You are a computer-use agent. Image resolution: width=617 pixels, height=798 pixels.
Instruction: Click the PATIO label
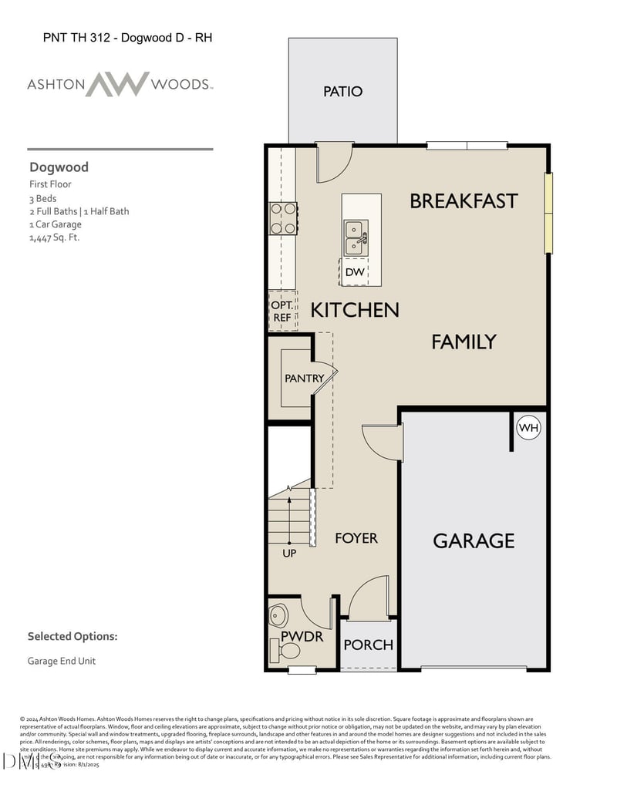click(x=342, y=92)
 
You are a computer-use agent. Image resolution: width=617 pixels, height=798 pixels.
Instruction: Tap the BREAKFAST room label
click(x=464, y=201)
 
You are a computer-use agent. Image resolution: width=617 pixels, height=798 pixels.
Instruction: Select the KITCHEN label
click(x=355, y=310)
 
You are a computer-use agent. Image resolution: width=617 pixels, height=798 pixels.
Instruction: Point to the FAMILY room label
click(x=464, y=342)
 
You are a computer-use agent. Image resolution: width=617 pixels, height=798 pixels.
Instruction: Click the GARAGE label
click(x=474, y=540)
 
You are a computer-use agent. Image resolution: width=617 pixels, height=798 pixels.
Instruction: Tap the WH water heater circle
click(x=528, y=427)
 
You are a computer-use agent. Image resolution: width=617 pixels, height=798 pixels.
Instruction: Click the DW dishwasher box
click(x=354, y=272)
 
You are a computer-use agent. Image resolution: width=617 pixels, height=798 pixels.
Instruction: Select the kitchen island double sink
click(x=355, y=237)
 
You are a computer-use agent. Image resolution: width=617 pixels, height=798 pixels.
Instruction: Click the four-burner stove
click(x=282, y=218)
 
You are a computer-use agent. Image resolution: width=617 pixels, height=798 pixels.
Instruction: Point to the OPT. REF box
click(x=282, y=311)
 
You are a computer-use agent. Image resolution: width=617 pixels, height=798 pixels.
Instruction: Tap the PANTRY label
click(x=304, y=379)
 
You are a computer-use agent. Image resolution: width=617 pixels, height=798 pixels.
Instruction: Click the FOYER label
click(x=356, y=538)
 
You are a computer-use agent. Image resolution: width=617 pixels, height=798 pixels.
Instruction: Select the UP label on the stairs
click(x=289, y=553)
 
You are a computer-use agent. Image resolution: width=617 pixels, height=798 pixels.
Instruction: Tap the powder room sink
click(x=278, y=615)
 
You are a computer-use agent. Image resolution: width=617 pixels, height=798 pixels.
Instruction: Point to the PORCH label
click(x=368, y=645)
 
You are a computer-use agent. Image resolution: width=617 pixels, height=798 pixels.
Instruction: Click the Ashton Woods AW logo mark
click(x=117, y=84)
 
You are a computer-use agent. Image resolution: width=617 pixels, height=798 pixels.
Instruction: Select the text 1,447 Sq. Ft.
click(x=54, y=237)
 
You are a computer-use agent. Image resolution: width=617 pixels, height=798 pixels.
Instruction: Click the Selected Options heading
click(x=72, y=637)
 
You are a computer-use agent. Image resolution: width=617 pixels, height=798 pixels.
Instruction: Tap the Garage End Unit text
click(x=62, y=661)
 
